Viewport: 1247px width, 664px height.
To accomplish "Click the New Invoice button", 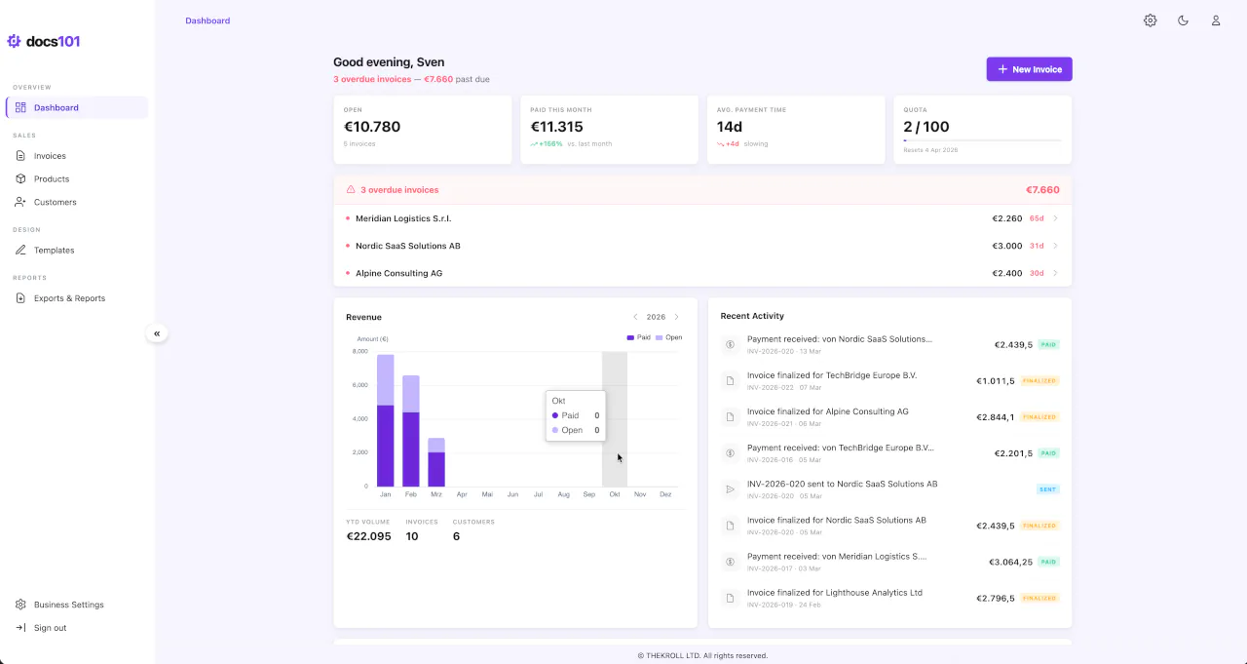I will tap(1029, 69).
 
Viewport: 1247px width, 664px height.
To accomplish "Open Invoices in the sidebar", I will tap(50, 156).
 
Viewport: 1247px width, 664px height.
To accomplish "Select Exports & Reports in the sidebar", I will tap(69, 298).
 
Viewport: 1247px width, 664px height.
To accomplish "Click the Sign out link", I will tap(50, 628).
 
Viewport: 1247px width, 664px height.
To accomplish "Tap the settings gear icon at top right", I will tap(1150, 20).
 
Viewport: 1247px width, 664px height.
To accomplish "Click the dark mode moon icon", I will tap(1183, 20).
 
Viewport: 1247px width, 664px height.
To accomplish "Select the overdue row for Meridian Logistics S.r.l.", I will tap(403, 218).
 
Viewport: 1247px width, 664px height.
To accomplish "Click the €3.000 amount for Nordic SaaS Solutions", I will tap(1006, 246).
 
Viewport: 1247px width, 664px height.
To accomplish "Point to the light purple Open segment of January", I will tap(385, 379).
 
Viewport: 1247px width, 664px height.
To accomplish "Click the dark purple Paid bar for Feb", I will tap(410, 449).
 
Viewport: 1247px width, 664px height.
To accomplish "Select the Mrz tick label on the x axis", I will tap(436, 494).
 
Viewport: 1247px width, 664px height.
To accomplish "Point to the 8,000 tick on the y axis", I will tap(359, 351).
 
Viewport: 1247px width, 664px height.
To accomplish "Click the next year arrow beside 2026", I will tap(677, 317).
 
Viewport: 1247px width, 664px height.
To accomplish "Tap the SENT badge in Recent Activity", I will tap(1047, 489).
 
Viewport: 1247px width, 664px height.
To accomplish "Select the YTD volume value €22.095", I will tap(368, 536).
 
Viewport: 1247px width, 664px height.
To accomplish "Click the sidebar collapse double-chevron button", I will tap(157, 333).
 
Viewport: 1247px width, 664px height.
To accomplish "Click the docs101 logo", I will tap(44, 41).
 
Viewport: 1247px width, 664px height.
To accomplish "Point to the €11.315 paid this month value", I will tap(556, 127).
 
